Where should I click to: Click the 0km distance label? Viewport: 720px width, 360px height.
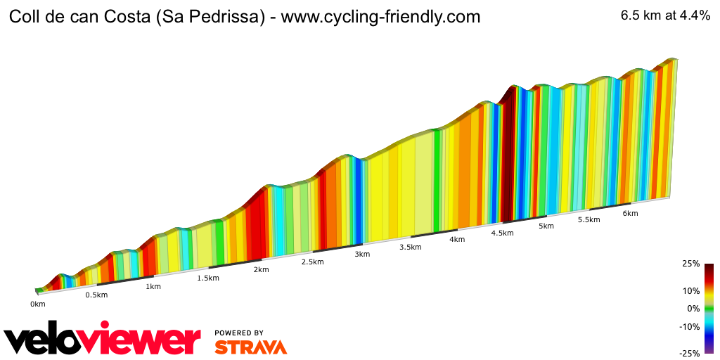(x=37, y=304)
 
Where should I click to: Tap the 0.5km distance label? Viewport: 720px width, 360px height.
(x=96, y=295)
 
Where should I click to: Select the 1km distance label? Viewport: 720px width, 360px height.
(x=153, y=286)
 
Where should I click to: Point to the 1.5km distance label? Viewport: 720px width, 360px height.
(x=208, y=278)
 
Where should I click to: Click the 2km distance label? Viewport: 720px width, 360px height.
(x=261, y=270)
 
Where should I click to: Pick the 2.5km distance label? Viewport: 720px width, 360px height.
(x=312, y=262)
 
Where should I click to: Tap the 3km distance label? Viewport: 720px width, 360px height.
(x=362, y=255)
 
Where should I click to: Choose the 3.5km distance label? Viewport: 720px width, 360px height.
(x=411, y=247)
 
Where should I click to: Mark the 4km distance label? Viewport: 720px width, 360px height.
(x=457, y=240)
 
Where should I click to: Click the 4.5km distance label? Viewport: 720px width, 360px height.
(x=502, y=233)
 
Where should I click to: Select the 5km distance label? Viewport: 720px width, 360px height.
(x=546, y=226)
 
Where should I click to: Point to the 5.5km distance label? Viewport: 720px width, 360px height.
(x=589, y=219)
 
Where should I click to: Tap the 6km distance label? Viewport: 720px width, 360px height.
(x=630, y=213)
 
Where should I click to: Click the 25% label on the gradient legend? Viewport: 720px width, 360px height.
(x=690, y=264)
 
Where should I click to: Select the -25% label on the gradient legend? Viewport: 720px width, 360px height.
(x=689, y=354)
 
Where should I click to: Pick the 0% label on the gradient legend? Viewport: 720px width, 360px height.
(x=693, y=309)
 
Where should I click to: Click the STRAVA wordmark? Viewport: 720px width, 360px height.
(x=250, y=347)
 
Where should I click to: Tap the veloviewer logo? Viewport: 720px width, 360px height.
(x=103, y=340)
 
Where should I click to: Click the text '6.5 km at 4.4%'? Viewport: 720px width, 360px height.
(x=665, y=16)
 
